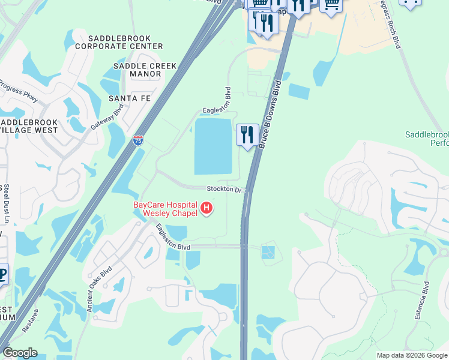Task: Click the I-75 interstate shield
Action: pyautogui.click(x=138, y=140)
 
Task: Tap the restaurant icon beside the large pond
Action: pyautogui.click(x=247, y=136)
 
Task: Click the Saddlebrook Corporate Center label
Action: pyautogui.click(x=119, y=41)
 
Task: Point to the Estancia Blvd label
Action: pyautogui.click(x=426, y=302)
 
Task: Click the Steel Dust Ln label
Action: pyautogui.click(x=6, y=204)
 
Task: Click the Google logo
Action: pyautogui.click(x=19, y=353)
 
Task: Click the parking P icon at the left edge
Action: pyautogui.click(x=2, y=272)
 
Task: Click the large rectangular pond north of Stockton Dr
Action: pyautogui.click(x=213, y=146)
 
